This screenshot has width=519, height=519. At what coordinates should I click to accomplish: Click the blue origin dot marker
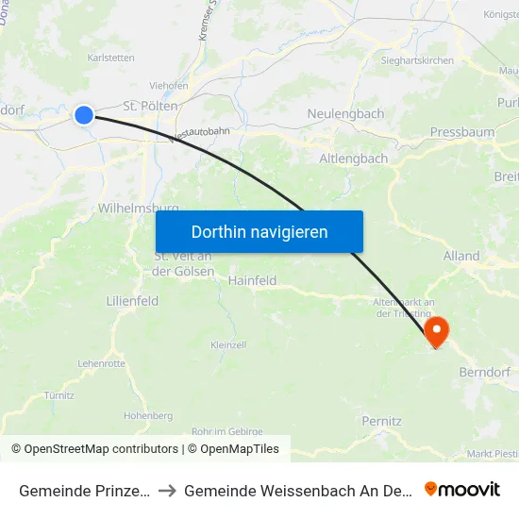pos(84,114)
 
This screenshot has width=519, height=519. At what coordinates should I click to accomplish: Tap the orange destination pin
pos(436,330)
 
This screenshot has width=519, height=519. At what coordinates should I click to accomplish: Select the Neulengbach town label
pos(345,114)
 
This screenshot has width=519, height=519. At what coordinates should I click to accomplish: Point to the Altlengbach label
pos(354,159)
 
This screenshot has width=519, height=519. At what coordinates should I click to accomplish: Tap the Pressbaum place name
pos(461,132)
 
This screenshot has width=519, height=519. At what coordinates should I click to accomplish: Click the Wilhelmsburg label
pos(138,208)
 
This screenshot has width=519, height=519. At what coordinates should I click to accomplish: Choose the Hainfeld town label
pos(252,279)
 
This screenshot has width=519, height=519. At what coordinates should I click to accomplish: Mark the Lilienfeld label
pos(132,300)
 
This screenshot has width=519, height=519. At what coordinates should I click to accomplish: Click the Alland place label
pos(461,256)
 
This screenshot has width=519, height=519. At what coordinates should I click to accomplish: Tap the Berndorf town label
pos(484,372)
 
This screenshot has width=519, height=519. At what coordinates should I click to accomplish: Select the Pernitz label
pos(382,421)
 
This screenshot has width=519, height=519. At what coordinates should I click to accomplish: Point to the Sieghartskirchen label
pos(417,60)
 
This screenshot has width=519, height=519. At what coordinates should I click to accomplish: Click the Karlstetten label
pos(110,58)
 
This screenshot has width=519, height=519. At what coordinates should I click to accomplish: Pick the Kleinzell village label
pos(228,345)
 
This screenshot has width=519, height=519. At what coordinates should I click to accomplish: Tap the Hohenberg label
pos(147,415)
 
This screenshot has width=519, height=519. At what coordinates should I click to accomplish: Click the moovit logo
pos(462,489)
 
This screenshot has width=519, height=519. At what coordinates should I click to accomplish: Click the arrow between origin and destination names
pos(170,490)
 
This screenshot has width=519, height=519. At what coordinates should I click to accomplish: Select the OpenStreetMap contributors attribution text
pos(94,449)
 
